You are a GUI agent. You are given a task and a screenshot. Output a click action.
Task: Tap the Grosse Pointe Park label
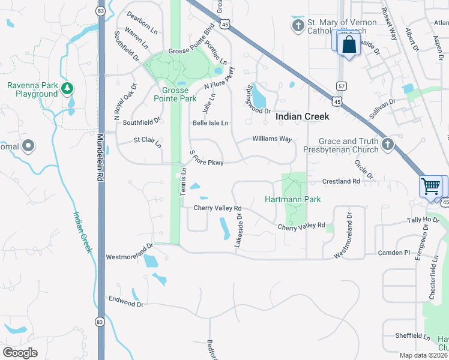175,94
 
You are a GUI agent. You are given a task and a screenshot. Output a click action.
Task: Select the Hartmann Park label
293,199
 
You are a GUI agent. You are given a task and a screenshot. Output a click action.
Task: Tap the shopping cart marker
430,186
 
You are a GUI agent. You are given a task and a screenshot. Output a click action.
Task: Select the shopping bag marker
348,44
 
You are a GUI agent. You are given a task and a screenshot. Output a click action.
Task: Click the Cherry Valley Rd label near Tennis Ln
217,208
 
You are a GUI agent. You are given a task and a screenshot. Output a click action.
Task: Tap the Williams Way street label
272,139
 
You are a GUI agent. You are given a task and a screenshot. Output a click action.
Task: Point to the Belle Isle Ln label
210,123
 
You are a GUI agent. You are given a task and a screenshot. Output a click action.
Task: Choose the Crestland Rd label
341,181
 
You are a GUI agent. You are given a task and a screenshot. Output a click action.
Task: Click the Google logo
20,353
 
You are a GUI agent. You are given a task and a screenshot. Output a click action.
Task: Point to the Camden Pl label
394,253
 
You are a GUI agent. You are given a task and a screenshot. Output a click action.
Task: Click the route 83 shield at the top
100,11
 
